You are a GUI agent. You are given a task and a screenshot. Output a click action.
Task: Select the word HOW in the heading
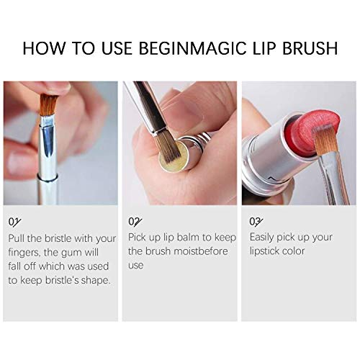(45, 49)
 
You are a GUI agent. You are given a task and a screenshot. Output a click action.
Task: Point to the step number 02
(134, 221)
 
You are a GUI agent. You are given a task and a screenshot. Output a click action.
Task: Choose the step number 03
(255, 221)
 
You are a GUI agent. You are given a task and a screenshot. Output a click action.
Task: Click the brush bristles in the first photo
(50, 104)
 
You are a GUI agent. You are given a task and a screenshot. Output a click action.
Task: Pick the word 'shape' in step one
(95, 280)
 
